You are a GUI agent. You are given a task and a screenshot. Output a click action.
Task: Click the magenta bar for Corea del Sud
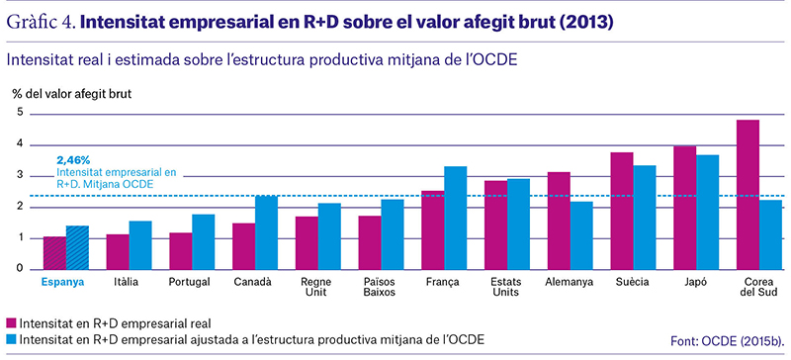coord(747,195)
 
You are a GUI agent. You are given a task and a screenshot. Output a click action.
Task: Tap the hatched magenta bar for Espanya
coord(54,253)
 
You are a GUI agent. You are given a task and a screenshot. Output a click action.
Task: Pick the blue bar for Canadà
coord(266,232)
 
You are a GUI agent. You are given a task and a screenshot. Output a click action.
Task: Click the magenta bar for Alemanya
coord(559,221)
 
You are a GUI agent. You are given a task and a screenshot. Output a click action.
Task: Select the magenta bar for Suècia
coord(622,211)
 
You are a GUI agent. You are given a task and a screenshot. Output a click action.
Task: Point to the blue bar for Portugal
coord(204,242)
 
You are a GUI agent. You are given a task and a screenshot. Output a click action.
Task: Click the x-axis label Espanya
coord(62,282)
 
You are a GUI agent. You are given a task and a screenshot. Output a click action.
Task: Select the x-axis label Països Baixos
coord(382,287)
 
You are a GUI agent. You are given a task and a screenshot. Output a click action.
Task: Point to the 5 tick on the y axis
coord(20,113)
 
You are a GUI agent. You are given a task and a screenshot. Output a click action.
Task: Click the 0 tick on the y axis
coord(20,269)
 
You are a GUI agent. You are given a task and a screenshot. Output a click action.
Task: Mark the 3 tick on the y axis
coord(20,175)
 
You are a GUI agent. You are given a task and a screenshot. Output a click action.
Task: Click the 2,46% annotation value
coord(73,160)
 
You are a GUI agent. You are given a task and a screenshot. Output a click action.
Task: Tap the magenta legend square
coord(11,323)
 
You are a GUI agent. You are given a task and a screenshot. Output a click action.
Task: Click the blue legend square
coord(11,340)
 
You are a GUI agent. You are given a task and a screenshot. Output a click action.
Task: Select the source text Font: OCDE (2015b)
coord(728,341)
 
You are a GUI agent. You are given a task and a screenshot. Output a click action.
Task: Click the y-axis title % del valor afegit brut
coord(71,94)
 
